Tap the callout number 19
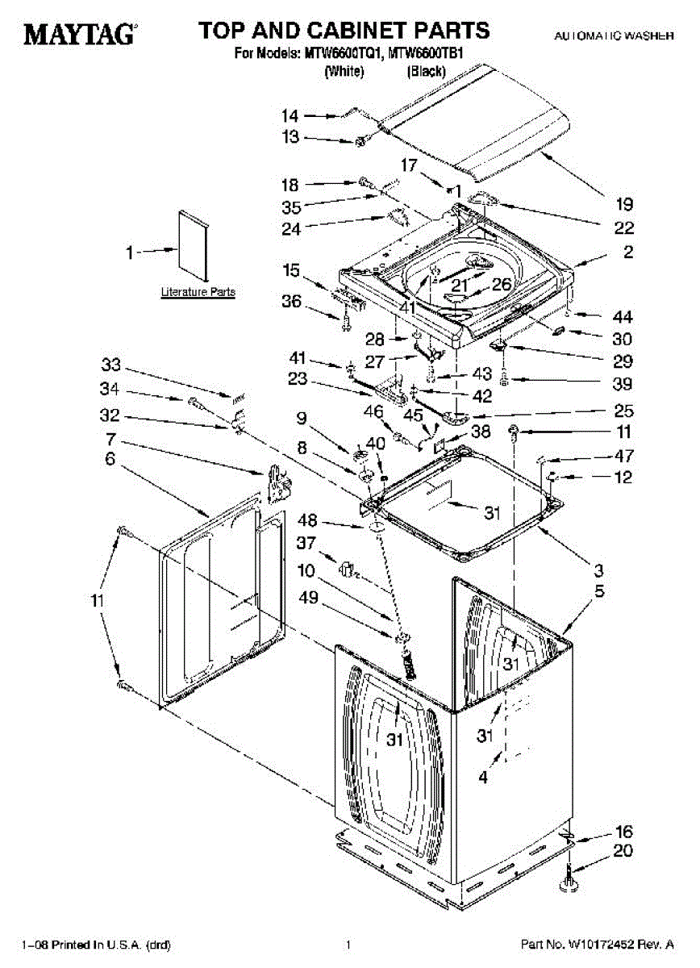(624, 204)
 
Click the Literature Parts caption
(198, 292)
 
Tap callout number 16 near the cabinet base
(624, 832)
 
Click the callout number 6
(110, 459)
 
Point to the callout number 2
(628, 252)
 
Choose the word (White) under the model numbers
(344, 72)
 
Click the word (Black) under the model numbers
(425, 72)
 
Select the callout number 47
(624, 455)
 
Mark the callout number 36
(291, 302)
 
